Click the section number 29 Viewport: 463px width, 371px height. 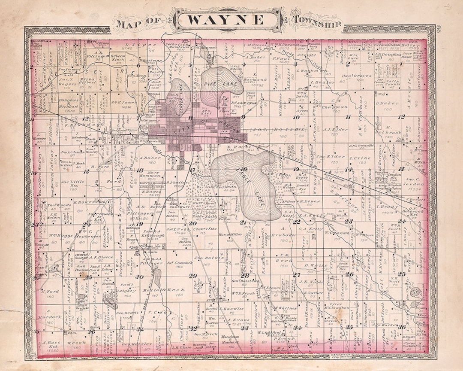point(192,276)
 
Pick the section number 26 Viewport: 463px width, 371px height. point(349,274)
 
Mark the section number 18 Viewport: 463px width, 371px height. point(139,170)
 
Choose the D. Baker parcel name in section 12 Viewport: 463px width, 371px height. point(384,103)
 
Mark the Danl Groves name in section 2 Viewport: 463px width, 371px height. point(351,76)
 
